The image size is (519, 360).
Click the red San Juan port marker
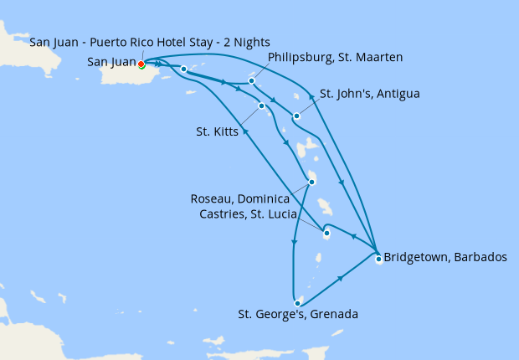(141, 64)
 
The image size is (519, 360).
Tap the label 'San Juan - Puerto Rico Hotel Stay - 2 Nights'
(149, 43)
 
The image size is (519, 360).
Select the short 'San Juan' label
(112, 61)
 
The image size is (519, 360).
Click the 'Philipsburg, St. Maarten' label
(335, 57)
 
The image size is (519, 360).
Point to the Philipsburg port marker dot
(252, 81)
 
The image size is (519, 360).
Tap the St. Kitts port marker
(262, 105)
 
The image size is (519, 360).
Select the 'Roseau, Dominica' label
(240, 199)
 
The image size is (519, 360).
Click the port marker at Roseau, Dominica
(311, 182)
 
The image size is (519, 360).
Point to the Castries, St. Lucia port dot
(326, 234)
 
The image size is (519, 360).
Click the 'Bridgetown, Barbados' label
(444, 258)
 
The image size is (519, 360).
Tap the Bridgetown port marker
(378, 259)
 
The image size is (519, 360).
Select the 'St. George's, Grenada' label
(298, 315)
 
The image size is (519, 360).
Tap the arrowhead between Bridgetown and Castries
(353, 238)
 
